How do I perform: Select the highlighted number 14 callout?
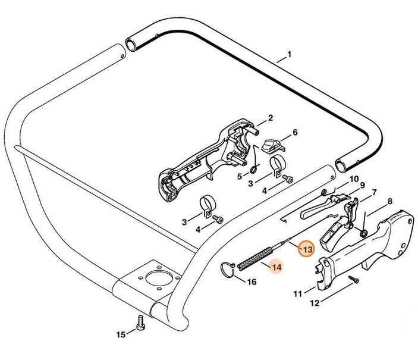click(x=276, y=267)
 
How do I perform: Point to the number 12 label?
click(x=314, y=302)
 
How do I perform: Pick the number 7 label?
click(x=374, y=193)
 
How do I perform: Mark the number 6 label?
click(x=294, y=132)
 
